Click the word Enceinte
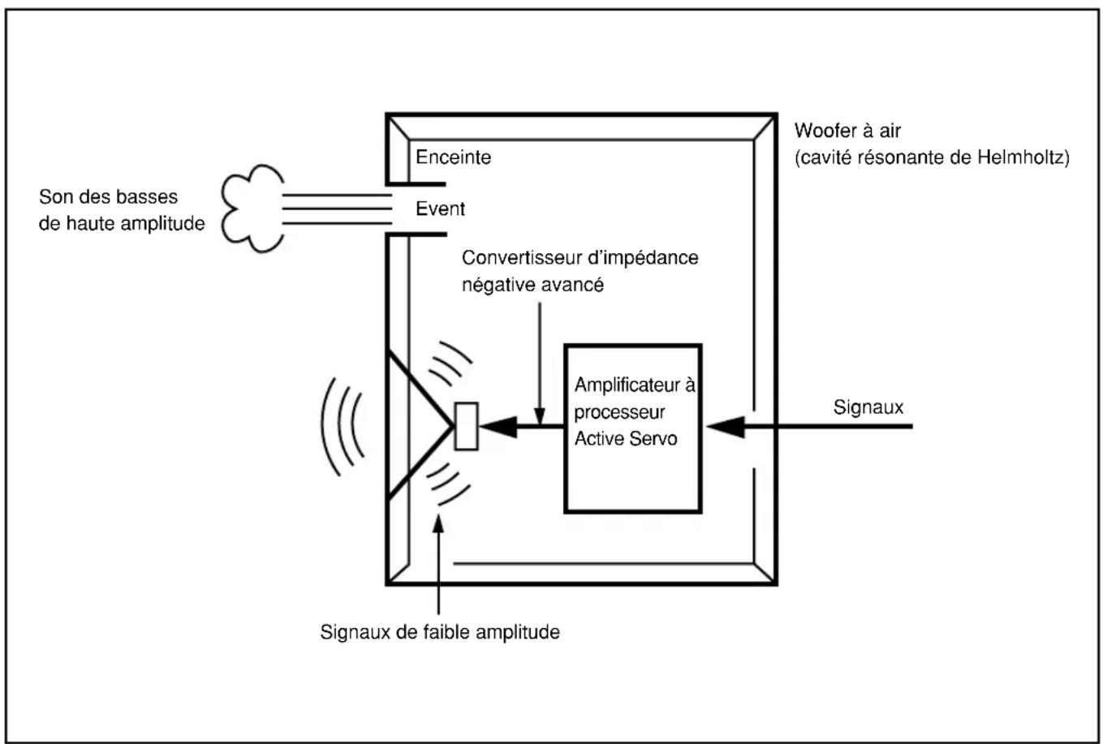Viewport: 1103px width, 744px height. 453,157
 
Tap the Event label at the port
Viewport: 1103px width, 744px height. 440,209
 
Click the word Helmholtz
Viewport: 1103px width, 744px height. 1020,157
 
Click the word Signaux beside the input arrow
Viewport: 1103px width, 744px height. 868,407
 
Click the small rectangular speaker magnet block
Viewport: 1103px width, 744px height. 466,427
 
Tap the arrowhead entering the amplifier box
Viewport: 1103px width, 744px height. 726,427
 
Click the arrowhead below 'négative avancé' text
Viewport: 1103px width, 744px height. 540,416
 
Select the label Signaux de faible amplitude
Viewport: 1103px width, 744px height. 440,632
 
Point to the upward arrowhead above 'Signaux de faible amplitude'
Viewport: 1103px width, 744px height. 438,523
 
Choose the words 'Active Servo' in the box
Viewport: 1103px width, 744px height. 626,438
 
